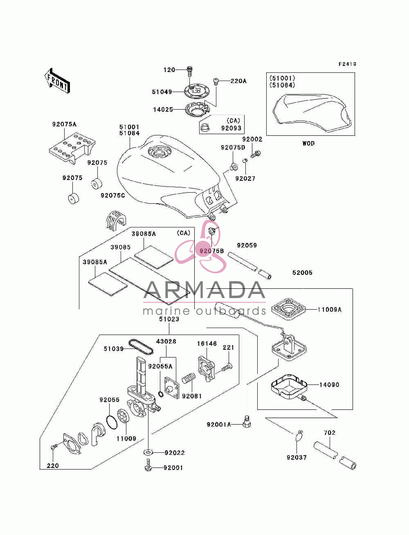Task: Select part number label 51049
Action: [162, 92]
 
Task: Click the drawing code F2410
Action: [347, 64]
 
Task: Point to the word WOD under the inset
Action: [308, 143]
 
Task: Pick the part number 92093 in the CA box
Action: [231, 128]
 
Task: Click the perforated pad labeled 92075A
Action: [72, 148]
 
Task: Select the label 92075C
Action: [113, 195]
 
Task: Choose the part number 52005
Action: [302, 272]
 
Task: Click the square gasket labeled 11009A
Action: [288, 309]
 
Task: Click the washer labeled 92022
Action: [148, 452]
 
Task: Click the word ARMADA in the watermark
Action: [204, 290]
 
